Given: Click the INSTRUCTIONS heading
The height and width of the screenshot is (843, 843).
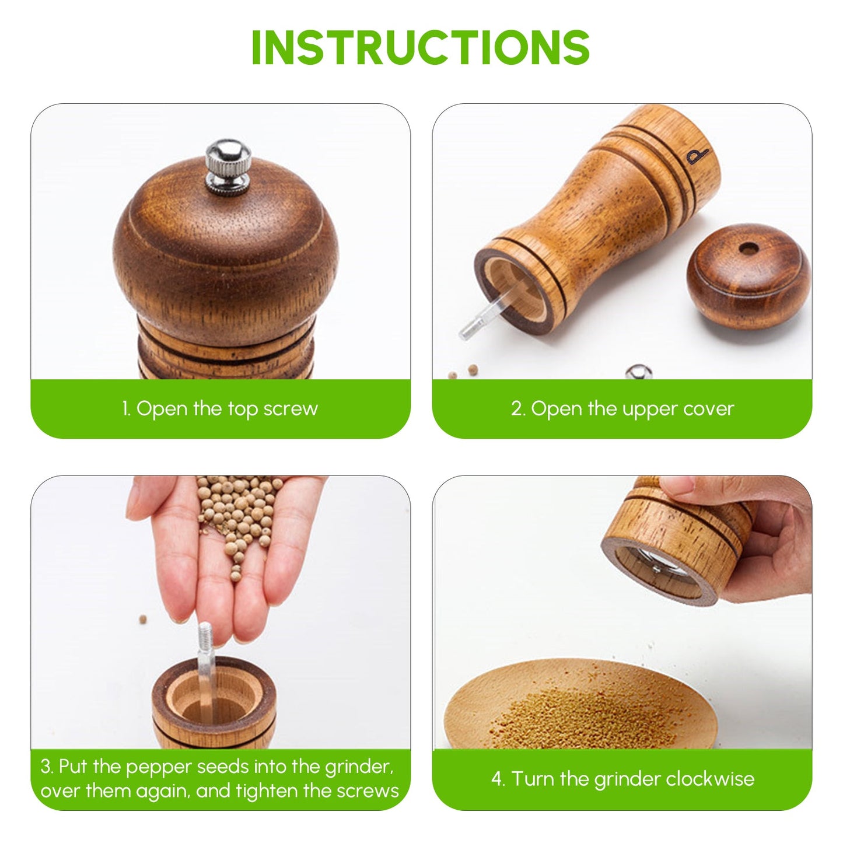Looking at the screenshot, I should click(421, 47).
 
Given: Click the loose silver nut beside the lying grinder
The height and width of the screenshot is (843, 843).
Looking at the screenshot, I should click(638, 372).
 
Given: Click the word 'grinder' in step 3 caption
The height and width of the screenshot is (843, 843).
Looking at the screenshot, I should click(358, 767).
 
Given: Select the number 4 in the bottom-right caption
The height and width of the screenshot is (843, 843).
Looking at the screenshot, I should click(496, 779).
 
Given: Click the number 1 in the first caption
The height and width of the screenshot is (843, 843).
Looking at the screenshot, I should click(125, 409).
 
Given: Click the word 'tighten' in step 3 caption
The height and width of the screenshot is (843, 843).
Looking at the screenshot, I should click(267, 791).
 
